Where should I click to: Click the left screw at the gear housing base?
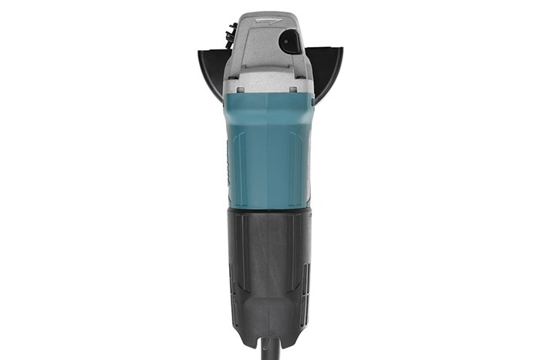click(240, 89)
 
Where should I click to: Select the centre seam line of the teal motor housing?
click(269, 154)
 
